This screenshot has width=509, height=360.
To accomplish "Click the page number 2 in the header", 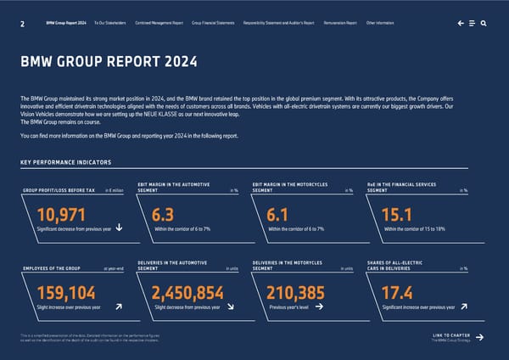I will [x=20, y=24].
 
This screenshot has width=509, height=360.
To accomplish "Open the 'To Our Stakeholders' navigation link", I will [x=110, y=24].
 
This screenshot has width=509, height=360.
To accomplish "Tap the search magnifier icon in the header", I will [x=483, y=24].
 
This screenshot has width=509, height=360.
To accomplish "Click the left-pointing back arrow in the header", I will [x=460, y=24].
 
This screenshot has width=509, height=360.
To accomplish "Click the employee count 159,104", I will [x=66, y=293].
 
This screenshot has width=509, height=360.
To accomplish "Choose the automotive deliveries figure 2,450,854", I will [x=187, y=293].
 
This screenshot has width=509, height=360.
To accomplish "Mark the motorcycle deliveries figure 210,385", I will [x=295, y=293].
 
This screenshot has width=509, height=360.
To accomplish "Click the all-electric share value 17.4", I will [x=399, y=293].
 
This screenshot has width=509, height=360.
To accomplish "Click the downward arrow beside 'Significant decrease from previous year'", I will [x=118, y=227].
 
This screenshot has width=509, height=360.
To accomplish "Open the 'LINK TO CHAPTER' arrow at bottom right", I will [x=480, y=338].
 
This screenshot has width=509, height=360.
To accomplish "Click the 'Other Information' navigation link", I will [x=383, y=24].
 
